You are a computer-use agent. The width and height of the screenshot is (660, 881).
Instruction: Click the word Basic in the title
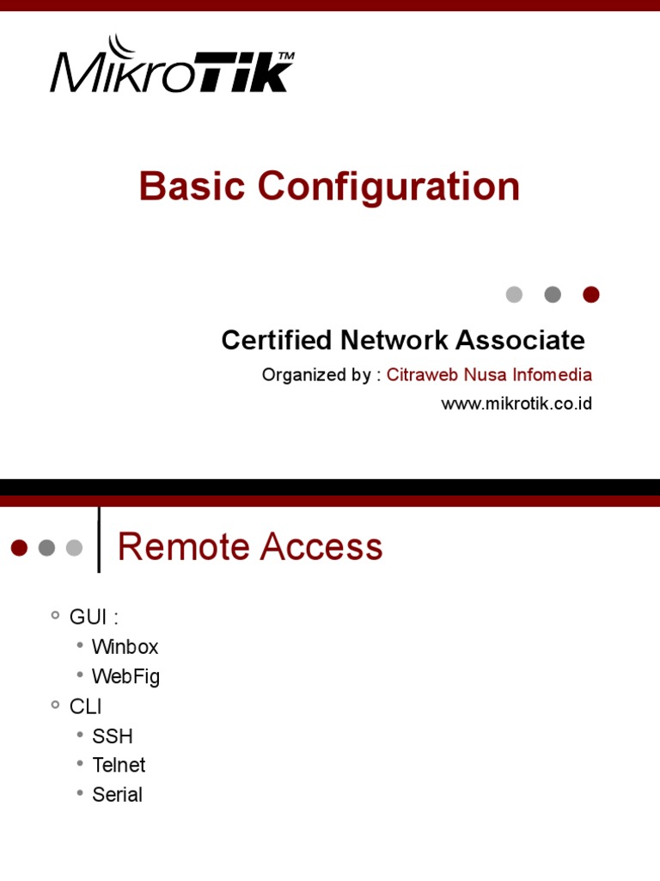click(192, 187)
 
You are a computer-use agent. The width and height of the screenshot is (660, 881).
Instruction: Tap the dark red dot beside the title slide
click(590, 294)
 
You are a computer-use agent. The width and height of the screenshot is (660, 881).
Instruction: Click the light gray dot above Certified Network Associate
click(514, 294)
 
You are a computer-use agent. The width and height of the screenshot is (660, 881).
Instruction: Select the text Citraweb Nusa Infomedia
click(489, 375)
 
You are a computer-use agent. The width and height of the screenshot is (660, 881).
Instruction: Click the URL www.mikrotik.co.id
click(516, 404)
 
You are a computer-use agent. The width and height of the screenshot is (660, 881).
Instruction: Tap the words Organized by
click(316, 375)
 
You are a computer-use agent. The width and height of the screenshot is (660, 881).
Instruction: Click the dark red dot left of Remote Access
click(20, 547)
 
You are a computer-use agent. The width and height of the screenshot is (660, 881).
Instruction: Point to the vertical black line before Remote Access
click(99, 539)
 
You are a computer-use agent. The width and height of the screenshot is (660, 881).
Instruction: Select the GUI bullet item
click(93, 617)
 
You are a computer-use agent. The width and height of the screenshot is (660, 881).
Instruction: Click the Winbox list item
click(125, 647)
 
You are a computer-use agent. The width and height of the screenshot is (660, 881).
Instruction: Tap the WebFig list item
click(125, 677)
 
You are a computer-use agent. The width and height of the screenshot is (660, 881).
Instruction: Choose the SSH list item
click(113, 736)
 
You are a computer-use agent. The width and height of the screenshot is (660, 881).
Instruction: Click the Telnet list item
click(119, 765)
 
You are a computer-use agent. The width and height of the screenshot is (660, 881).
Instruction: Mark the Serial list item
click(117, 794)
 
